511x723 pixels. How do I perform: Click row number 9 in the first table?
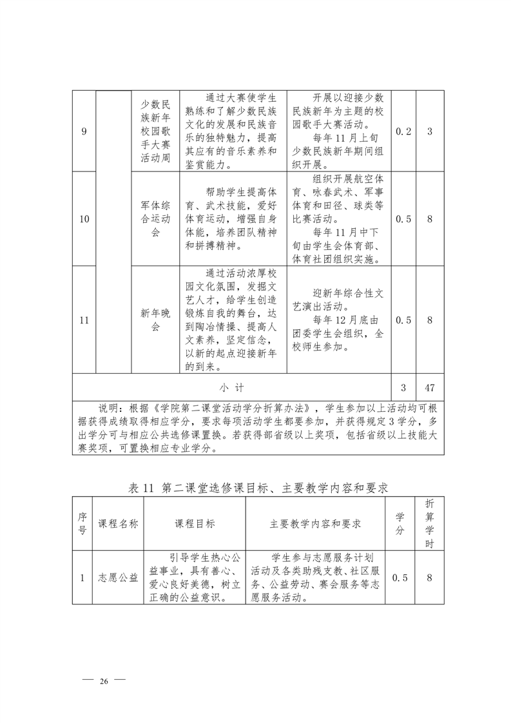tap(84, 131)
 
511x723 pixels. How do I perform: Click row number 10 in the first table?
tap(84, 219)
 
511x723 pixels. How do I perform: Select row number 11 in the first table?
tap(84, 320)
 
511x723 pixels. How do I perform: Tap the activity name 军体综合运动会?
tap(155, 219)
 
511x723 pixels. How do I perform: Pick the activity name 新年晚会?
tap(155, 320)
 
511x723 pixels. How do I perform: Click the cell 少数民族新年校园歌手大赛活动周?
tap(155, 131)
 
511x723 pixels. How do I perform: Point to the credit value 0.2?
tap(403, 131)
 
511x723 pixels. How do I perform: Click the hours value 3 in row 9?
tap(430, 131)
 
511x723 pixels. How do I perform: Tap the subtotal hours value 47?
tap(430, 388)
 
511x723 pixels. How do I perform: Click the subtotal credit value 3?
tap(403, 388)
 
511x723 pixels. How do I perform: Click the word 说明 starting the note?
tap(108, 408)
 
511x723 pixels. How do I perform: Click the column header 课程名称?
tap(118, 524)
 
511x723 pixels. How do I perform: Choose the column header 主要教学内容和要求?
tap(315, 524)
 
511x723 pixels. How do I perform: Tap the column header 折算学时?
tap(430, 524)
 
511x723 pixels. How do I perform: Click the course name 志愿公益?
tap(118, 577)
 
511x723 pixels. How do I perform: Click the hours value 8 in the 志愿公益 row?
tap(430, 577)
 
